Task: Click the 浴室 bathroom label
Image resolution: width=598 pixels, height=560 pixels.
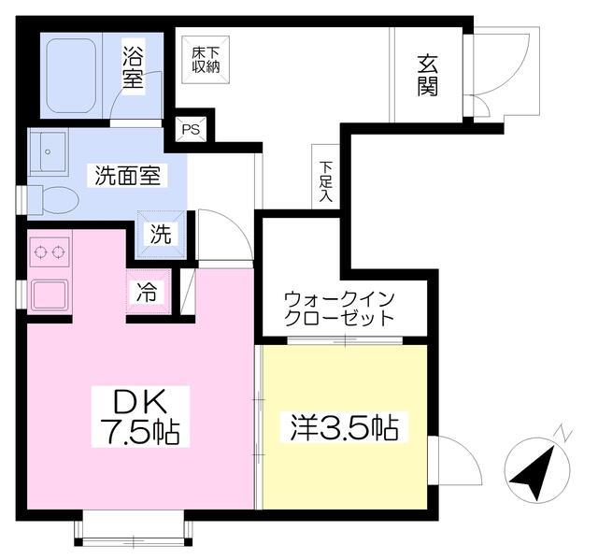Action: coord(133,67)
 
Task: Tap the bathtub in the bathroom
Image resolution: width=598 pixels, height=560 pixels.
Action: coord(71,76)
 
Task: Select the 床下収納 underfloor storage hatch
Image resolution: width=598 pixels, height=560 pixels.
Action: coord(206,60)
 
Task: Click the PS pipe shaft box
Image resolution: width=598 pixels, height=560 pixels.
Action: coord(191,129)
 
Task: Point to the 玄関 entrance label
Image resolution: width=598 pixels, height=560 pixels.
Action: coord(428,76)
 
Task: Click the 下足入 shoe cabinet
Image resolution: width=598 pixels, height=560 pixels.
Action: coord(326,177)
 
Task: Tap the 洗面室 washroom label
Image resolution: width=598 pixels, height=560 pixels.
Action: coord(127,175)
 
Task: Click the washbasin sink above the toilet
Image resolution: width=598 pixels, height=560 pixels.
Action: coord(49,151)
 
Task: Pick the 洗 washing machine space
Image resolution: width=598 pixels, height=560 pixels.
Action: coord(162,235)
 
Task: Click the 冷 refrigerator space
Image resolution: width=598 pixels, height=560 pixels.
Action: coord(148,292)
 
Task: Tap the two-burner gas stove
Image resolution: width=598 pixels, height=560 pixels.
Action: coord(49,252)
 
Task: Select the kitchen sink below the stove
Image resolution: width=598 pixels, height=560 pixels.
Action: coord(50,294)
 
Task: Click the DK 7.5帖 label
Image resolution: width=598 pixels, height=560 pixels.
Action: coord(140,416)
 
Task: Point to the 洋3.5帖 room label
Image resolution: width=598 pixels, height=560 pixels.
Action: coord(345,427)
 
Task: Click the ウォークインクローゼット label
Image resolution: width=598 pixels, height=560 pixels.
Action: coord(339,309)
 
